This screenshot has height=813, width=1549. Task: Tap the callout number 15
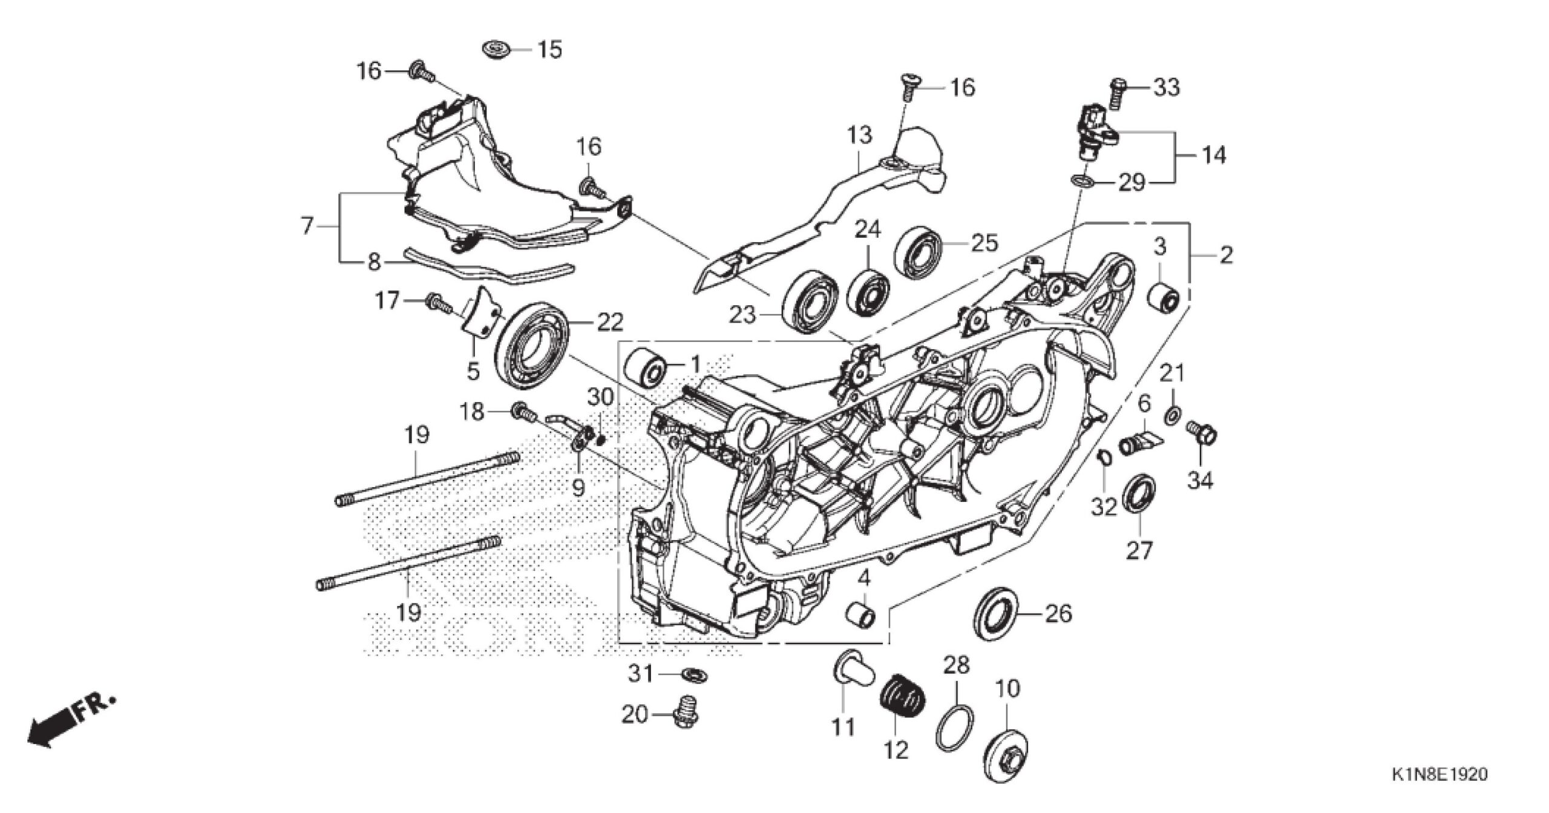click(549, 50)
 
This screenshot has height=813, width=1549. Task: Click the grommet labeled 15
click(495, 48)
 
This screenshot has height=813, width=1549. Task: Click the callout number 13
click(859, 135)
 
